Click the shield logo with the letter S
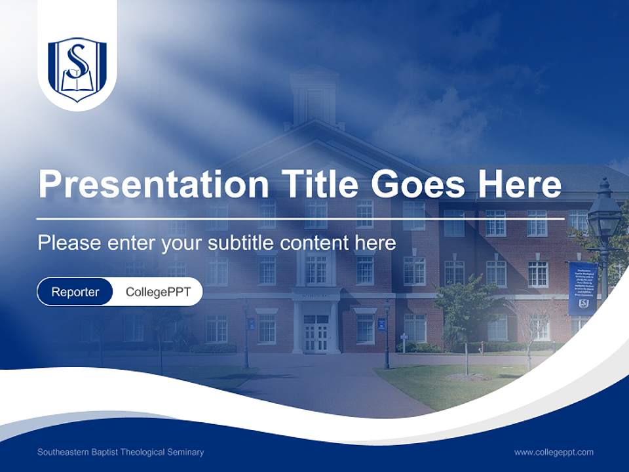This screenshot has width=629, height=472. [x=77, y=68]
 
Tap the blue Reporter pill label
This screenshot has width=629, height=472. [x=75, y=292]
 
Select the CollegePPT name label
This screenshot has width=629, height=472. [x=158, y=292]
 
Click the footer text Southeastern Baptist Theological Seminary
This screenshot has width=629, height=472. [x=121, y=452]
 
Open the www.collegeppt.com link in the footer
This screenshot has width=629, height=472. [x=554, y=452]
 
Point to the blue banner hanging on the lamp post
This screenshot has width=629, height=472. [x=582, y=288]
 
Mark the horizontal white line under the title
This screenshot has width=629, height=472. [x=300, y=218]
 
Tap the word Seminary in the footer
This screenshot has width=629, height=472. [x=185, y=452]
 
